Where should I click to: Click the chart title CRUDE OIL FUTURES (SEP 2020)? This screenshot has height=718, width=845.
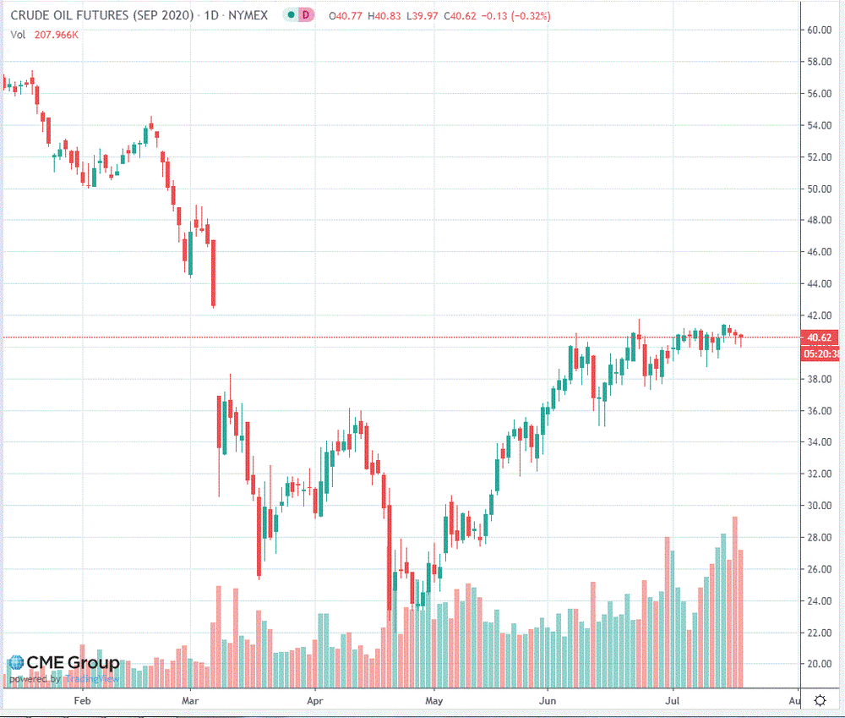100,15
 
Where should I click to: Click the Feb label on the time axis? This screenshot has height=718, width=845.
82,700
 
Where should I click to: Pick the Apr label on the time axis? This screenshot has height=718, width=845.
315,700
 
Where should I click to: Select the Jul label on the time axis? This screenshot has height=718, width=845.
673,700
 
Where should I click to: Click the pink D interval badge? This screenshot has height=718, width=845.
308,15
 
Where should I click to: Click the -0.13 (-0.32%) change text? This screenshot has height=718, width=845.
519,15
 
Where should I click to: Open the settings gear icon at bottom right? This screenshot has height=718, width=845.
820,700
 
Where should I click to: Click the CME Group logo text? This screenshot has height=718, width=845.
73,663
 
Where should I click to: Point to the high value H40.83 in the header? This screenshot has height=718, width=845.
382,15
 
